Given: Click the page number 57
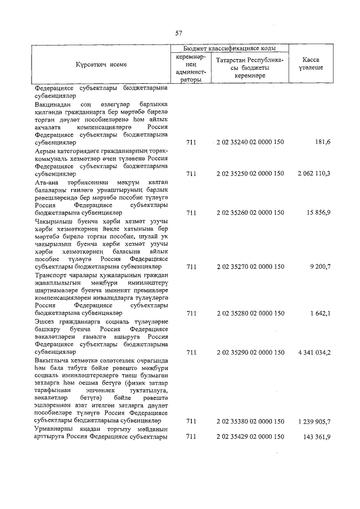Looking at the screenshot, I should point(179,33).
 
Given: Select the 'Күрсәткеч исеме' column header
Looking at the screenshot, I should point(102,65).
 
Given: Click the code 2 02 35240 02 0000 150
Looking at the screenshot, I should point(250,143).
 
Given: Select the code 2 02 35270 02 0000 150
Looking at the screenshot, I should point(250,267).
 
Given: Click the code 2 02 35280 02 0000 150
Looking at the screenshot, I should point(250,313).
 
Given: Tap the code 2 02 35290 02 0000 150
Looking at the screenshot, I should point(250,352).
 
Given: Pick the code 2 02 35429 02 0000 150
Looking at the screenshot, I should point(250,436).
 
